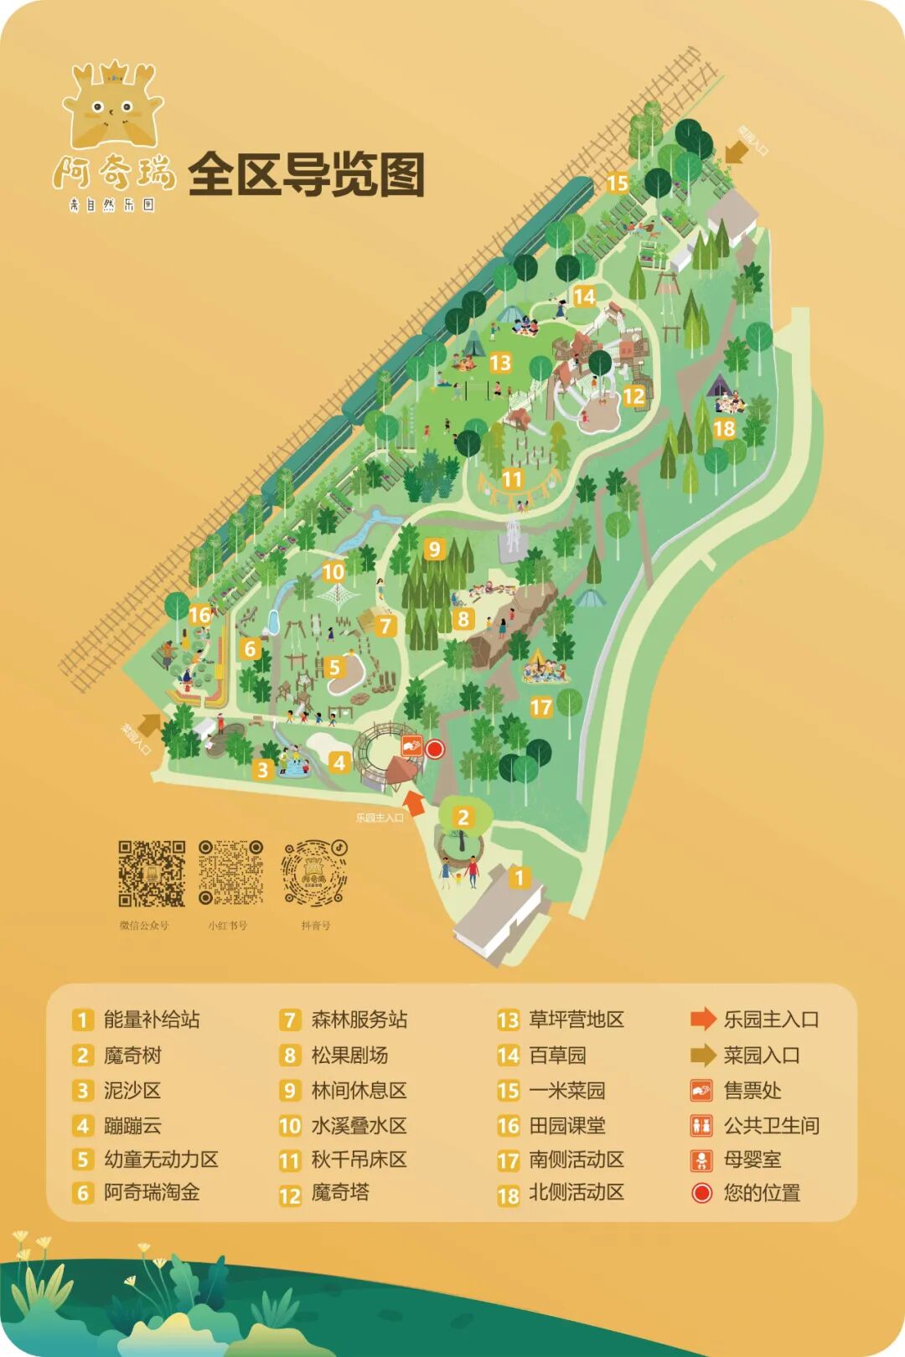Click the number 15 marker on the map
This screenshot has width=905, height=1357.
(x=618, y=183)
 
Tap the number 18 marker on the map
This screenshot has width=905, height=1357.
(x=724, y=429)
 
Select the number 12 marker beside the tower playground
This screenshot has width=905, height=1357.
(x=634, y=395)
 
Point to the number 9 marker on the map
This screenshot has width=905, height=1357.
(x=433, y=549)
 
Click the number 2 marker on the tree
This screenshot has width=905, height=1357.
(x=463, y=817)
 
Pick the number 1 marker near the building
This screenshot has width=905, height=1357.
(x=520, y=877)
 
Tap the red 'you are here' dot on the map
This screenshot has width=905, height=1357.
(x=434, y=749)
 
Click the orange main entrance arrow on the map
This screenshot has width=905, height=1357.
(x=415, y=802)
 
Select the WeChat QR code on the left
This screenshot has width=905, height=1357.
(x=151, y=874)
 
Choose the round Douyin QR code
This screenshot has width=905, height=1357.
(x=314, y=874)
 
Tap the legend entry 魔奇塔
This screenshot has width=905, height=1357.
(x=339, y=1192)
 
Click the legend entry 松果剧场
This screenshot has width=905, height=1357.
(x=349, y=1055)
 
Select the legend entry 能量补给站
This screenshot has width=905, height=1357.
(x=151, y=1019)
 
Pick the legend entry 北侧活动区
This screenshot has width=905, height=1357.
(x=577, y=1193)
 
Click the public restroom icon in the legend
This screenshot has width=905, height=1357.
(x=701, y=1125)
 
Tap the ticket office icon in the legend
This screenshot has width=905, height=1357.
(x=701, y=1090)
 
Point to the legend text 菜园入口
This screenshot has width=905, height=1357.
(x=761, y=1055)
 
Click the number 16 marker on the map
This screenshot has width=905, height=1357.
(x=199, y=616)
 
